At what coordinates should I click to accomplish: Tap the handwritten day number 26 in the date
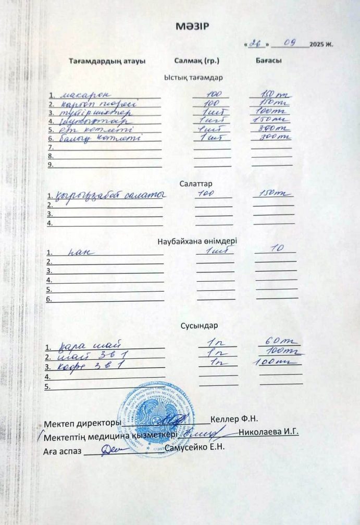255,44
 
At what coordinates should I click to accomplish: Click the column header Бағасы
269,60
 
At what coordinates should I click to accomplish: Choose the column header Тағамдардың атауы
107,60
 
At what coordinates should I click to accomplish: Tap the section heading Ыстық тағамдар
193,77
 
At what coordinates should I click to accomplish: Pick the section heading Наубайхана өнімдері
197,241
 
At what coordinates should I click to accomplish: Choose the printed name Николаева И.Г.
269,432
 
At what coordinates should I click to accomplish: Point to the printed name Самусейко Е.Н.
194,448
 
